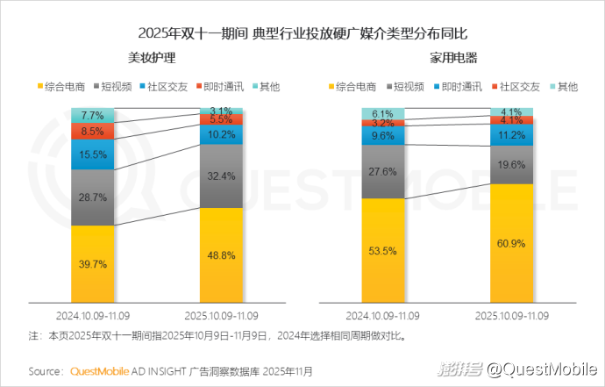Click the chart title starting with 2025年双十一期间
pyautogui.click(x=302, y=33)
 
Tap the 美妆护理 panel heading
pyautogui.click(x=152, y=58)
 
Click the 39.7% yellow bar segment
pyautogui.click(x=93, y=264)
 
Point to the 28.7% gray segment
pyautogui.click(x=93, y=197)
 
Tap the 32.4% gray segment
pyautogui.click(x=221, y=176)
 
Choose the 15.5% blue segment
pyautogui.click(x=93, y=154)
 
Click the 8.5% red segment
pyautogui.click(x=93, y=132)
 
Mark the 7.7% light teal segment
pyautogui.click(x=93, y=115)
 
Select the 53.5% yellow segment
pyautogui.click(x=382, y=250)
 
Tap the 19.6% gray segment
pyautogui.click(x=510, y=163)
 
